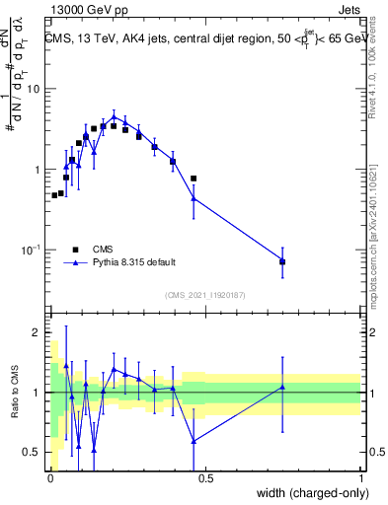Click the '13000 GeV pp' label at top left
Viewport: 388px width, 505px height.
point(88,9)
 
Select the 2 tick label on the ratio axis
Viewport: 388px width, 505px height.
point(38,332)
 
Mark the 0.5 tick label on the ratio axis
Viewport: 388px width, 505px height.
point(34,453)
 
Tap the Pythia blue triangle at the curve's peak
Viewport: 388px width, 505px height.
point(114,116)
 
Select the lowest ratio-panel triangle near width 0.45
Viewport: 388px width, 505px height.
point(194,440)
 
